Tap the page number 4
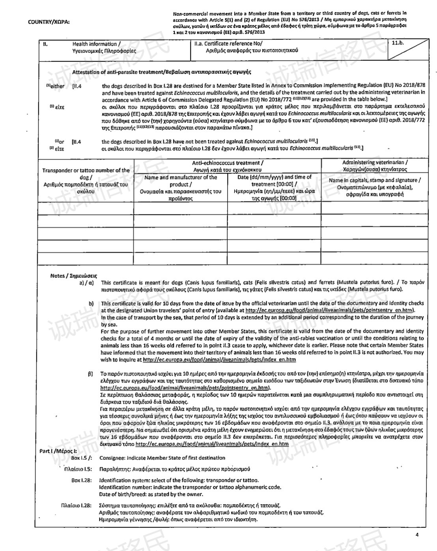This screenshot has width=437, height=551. (417, 534)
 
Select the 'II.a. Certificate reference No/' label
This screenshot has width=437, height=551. (228, 44)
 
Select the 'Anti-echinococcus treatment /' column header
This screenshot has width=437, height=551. (228, 163)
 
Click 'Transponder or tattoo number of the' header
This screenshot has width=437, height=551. (86, 170)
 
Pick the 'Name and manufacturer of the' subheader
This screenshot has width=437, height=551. (181, 177)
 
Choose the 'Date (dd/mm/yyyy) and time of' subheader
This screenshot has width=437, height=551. (275, 177)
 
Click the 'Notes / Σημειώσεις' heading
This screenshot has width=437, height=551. (74, 275)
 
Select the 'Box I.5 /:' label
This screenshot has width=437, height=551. (82, 458)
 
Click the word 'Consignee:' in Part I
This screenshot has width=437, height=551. (112, 458)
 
